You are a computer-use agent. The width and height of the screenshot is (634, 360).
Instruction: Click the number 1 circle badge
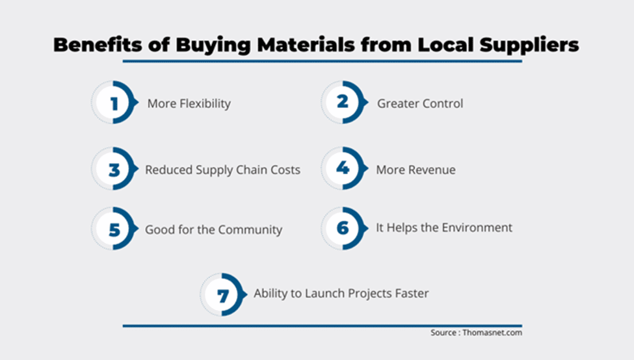coord(114,102)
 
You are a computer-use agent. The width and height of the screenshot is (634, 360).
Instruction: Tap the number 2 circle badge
coord(344,102)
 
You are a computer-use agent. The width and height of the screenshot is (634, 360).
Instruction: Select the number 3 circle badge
coord(114,168)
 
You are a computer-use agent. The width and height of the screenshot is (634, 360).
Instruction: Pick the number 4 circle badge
coord(344,168)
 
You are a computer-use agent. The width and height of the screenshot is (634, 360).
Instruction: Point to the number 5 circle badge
coord(114,228)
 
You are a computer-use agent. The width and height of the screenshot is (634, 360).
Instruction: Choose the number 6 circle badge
coord(344,228)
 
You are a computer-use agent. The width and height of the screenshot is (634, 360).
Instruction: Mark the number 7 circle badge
coord(223,294)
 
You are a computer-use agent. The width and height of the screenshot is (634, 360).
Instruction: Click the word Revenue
coord(432,170)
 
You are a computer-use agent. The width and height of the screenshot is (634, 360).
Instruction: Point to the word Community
coord(250,230)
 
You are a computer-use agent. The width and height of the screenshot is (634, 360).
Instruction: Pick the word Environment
coord(477,227)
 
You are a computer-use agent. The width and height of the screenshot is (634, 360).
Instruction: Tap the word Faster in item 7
coord(412,293)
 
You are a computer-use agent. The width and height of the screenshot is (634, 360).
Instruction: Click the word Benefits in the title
coord(98,44)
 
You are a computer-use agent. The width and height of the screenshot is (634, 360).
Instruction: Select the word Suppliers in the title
coord(529,45)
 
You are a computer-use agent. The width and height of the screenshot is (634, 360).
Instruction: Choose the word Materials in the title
coord(306,44)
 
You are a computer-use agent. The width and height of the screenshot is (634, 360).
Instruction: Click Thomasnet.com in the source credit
coord(492,333)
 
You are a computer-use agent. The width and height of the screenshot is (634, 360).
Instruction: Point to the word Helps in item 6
coord(401,228)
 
